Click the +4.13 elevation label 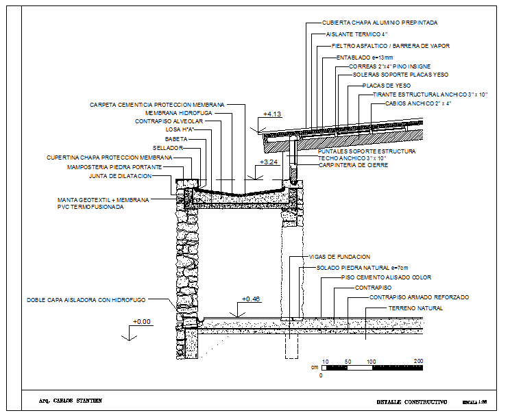pyautogui.click(x=272, y=114)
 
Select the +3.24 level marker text pyautogui.click(x=268, y=162)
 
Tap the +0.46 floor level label pyautogui.click(x=252, y=299)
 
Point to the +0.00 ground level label pyautogui.click(x=142, y=321)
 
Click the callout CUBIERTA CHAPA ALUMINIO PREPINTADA pyautogui.click(x=380, y=23)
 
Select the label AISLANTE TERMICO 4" pyautogui.click(x=356, y=34)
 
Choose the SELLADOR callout pyautogui.click(x=168, y=148)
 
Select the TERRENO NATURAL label pyautogui.click(x=415, y=308)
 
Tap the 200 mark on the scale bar pyautogui.click(x=419, y=361)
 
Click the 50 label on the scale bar pyautogui.click(x=348, y=361)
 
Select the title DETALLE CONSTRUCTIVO pyautogui.click(x=412, y=401)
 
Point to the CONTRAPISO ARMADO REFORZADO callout pyautogui.click(x=420, y=298)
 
